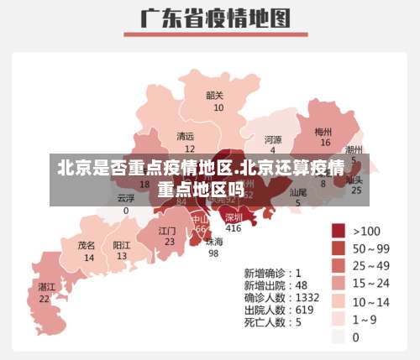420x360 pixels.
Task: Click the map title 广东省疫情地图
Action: click(209, 18)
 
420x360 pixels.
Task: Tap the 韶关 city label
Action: click(215, 96)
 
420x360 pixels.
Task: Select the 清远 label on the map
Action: click(186, 136)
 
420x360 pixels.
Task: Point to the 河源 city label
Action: click(273, 139)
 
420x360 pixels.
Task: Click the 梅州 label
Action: click(323, 132)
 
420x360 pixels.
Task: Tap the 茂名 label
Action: click(87, 246)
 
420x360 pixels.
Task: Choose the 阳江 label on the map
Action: click(122, 246)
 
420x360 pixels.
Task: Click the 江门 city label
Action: click(167, 230)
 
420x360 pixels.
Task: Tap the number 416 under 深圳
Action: click(233, 228)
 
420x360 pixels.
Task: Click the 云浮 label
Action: click(126, 199)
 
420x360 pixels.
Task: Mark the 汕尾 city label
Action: click(297, 192)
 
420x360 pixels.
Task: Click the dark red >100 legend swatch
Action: click(339, 231)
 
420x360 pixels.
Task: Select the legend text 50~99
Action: click(371, 248)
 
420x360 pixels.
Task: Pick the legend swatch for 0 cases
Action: click(339, 337)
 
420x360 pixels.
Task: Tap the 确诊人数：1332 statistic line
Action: click(282, 297)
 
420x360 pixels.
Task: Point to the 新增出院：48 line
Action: click(276, 284)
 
